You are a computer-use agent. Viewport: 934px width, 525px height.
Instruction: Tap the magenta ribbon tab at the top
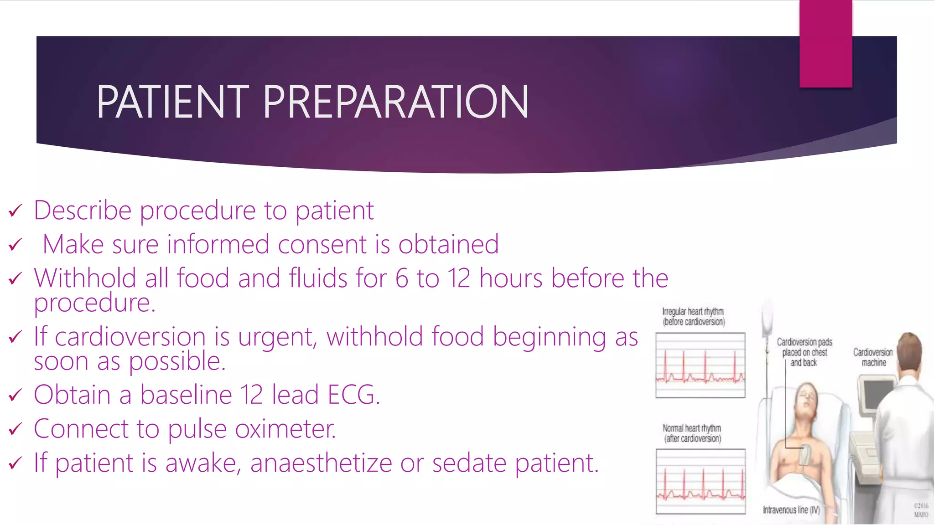coord(825,44)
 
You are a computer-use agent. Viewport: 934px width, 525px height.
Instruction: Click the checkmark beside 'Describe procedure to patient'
coord(16,211)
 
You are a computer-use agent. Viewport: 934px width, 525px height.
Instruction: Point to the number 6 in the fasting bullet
coord(402,278)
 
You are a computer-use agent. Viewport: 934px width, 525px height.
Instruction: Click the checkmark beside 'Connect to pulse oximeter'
coord(16,429)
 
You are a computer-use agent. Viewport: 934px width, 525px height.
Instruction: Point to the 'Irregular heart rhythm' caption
coord(693,316)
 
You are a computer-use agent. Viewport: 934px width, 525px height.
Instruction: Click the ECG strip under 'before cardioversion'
coord(700,365)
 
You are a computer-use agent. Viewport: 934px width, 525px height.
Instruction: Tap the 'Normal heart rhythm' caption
coord(692,433)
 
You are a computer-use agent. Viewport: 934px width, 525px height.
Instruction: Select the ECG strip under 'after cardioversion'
coord(700,481)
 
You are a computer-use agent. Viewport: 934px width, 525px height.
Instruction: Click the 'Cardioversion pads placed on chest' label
coord(804,352)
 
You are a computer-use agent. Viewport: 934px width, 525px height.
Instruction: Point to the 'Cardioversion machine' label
coord(873,357)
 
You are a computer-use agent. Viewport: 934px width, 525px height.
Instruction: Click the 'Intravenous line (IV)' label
coord(791,510)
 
